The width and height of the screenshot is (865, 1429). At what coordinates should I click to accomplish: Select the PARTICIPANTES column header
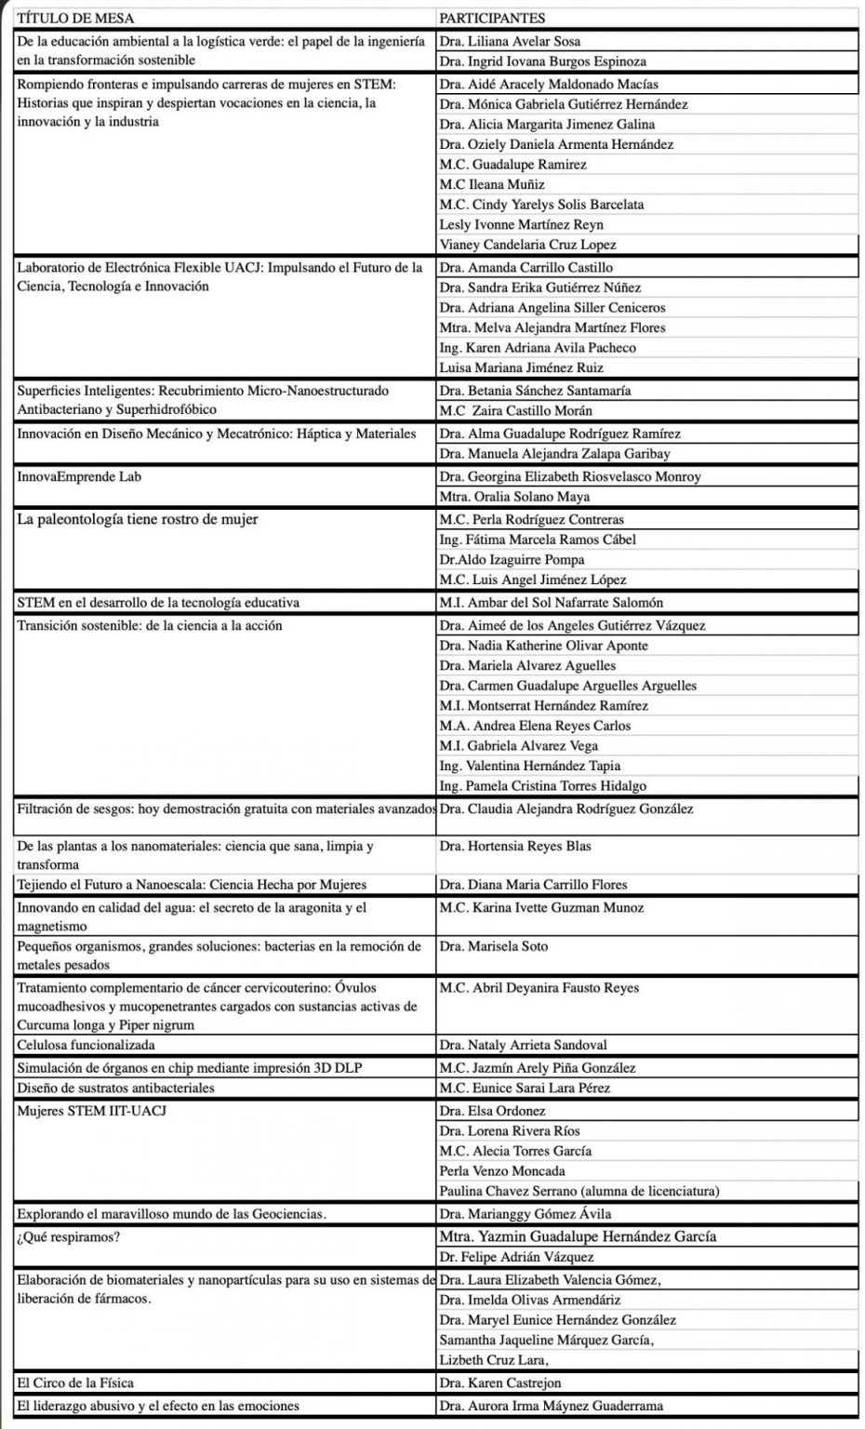492,19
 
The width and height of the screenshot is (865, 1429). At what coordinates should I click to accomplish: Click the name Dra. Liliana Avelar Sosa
511,42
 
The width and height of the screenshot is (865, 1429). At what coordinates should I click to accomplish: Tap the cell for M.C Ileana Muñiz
492,184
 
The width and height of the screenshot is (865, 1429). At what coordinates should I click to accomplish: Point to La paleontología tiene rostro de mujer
138,519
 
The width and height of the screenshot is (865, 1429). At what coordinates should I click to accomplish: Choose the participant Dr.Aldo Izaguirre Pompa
512,559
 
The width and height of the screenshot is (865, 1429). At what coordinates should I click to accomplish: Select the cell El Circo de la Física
75,1382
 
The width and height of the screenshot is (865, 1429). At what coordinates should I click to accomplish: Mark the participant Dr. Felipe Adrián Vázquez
517,1257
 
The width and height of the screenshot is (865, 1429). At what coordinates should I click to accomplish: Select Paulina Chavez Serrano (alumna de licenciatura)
579,1191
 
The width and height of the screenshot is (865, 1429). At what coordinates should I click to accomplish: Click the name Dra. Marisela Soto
494,946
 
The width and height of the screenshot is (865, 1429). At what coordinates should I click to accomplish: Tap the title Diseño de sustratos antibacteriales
115,1088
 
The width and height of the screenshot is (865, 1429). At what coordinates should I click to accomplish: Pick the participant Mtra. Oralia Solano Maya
514,497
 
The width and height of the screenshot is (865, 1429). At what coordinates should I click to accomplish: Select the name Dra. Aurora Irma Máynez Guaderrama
552,1406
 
